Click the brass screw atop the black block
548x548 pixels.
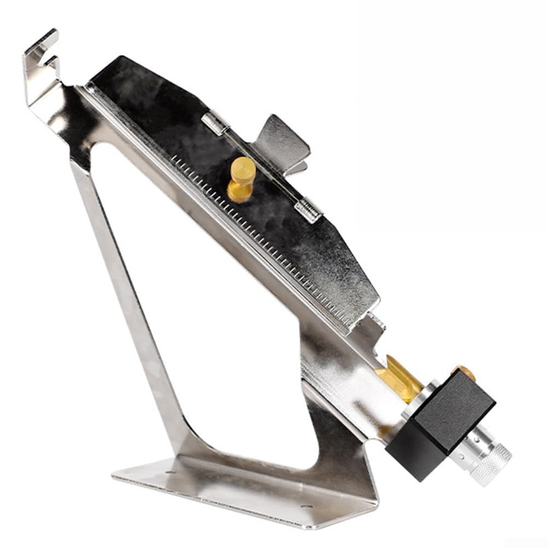[466, 373]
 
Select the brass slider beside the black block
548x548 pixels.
[400, 378]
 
